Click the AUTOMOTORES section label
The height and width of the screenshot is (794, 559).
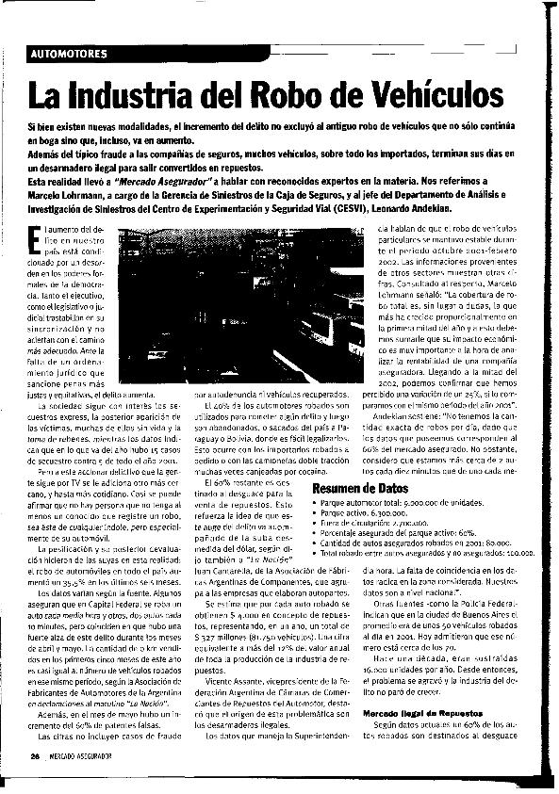pyautogui.click(x=69, y=53)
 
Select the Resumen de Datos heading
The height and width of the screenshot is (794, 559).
pyautogui.click(x=359, y=490)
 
